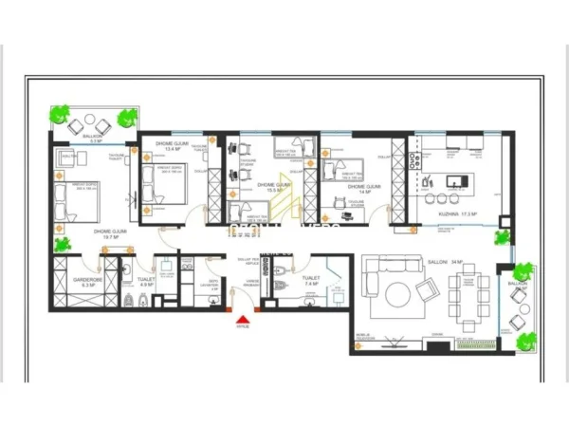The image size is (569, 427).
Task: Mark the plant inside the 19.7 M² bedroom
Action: click(64, 243)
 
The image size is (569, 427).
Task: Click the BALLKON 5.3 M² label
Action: click(93, 137)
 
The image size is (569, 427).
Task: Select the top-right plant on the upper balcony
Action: click(126, 117)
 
